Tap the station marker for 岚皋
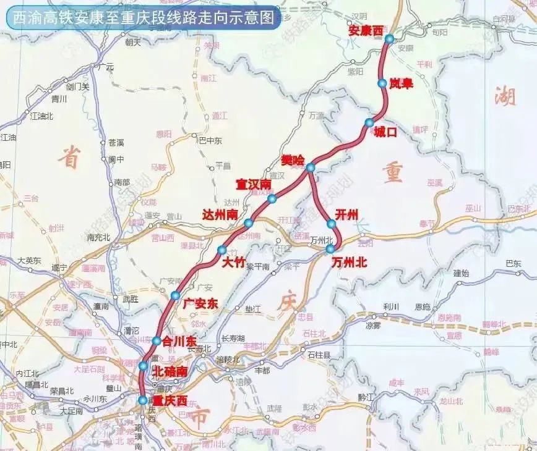pyautogui.click(x=382, y=82)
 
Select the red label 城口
pyautogui.click(x=384, y=132)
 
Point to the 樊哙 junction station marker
pyautogui.click(x=310, y=167)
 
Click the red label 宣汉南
pyautogui.click(x=254, y=185)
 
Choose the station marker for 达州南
pyautogui.click(x=248, y=223)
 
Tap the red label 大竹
pyautogui.click(x=233, y=262)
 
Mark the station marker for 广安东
pyautogui.click(x=176, y=295)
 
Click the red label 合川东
pyautogui.click(x=178, y=340)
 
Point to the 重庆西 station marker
pyautogui.click(x=144, y=400)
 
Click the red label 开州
pyautogui.click(x=346, y=214)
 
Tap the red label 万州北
pyautogui.click(x=349, y=262)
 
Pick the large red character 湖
pyautogui.click(x=505, y=96)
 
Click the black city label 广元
pyautogui.click(x=106, y=66)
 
